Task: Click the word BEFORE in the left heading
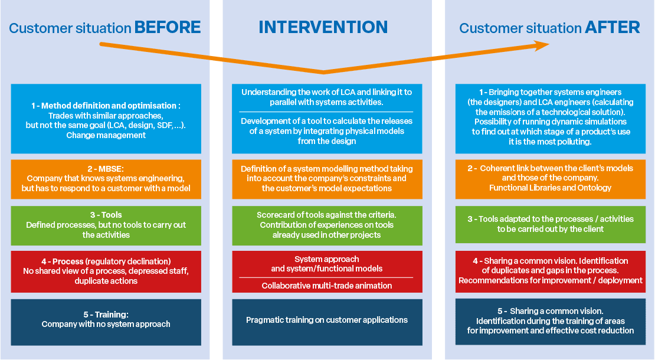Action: coord(168,28)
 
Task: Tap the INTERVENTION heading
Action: coord(323,28)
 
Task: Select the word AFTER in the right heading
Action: coord(613,28)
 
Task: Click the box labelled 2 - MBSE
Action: coord(106,179)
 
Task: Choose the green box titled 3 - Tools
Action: coord(106,225)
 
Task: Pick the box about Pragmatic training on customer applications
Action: coord(327,322)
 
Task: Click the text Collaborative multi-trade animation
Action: coord(327,286)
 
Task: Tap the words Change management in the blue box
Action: coord(106,135)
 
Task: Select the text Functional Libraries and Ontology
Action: coord(550,188)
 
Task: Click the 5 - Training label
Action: coord(106,315)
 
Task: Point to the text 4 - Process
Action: coord(62,261)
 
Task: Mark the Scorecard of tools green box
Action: coord(327,225)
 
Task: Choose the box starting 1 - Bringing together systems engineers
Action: coord(550,119)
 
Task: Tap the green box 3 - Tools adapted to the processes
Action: coord(550,224)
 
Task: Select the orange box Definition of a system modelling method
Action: coord(327,179)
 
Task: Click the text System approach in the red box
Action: coord(327,259)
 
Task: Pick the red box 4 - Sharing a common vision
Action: coord(550,271)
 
